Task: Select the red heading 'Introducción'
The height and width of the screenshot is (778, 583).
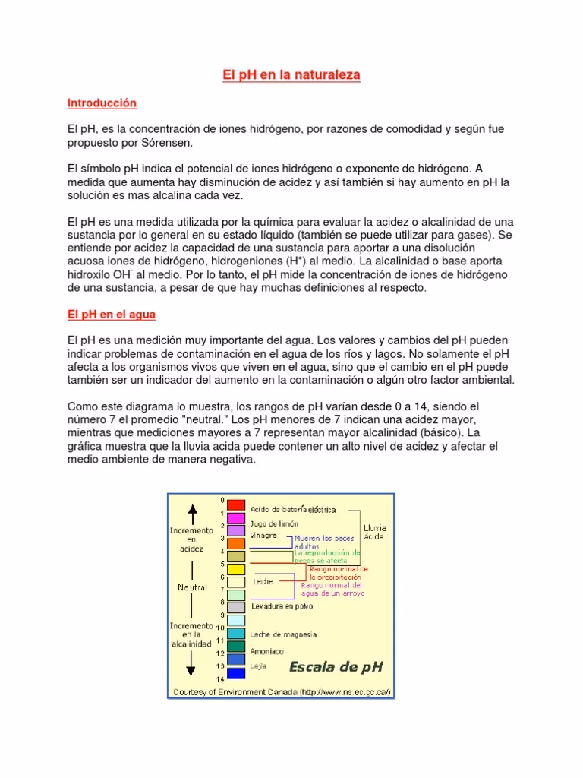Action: pos(102,103)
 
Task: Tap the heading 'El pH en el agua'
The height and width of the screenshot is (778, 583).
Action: pos(111,314)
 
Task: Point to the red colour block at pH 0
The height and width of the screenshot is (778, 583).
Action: pos(236,504)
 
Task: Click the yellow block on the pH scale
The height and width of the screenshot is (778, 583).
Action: pos(236,569)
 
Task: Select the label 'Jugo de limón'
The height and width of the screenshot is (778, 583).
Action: pos(274,523)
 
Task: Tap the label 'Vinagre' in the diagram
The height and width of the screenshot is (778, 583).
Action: pos(263,536)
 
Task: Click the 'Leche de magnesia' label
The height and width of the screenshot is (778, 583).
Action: pos(283,634)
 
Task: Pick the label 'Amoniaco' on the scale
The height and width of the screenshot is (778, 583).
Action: pos(267,652)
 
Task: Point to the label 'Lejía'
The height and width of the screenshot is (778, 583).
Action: pos(259,665)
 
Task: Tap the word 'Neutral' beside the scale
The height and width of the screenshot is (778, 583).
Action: pos(192,587)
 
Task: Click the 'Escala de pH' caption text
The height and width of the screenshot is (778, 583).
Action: pos(335,667)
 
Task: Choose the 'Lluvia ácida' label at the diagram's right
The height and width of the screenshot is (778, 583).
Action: pos(375,531)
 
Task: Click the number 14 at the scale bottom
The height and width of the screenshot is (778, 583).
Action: pos(220,678)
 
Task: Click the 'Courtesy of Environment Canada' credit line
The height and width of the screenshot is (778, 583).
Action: pos(282,692)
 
